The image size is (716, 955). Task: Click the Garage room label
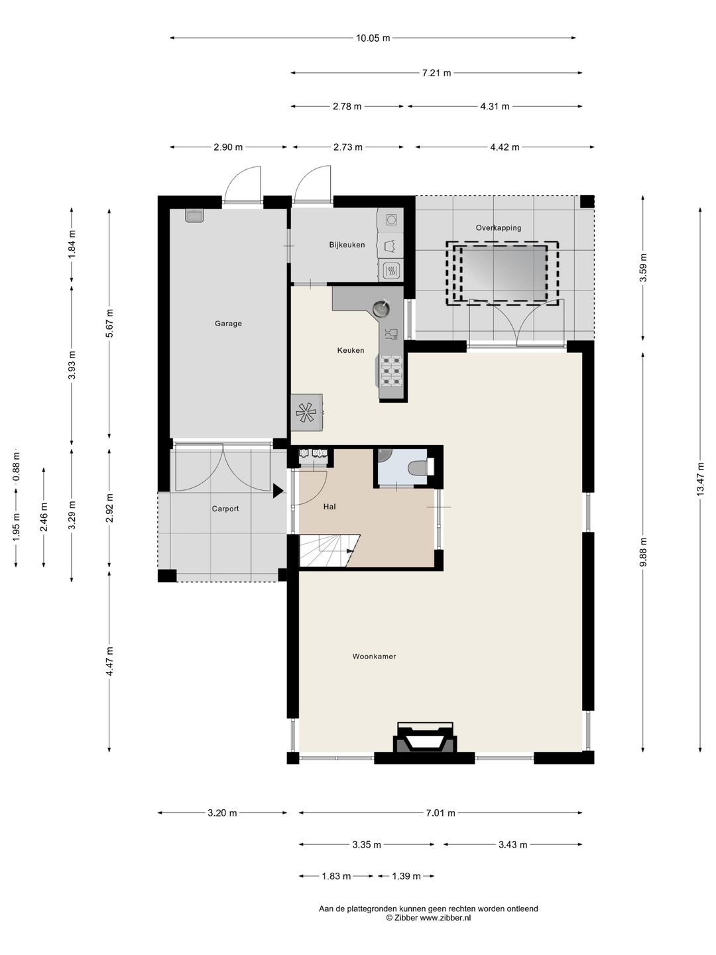coord(228,323)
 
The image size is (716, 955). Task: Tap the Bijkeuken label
coord(347,245)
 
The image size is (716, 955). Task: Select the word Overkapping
coord(498,227)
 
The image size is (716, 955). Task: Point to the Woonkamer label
coord(374,657)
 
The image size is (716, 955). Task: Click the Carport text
coord(225,509)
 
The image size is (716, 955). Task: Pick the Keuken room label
coord(351,350)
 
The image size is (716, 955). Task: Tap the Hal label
coord(329,507)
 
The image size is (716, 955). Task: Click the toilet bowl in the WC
coord(418,468)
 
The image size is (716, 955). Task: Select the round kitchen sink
coord(381,308)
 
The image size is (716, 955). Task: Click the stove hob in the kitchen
coord(391,371)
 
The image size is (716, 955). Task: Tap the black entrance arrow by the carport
coord(278,491)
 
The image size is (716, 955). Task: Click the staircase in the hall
coord(329,551)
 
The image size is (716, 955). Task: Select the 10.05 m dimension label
coord(373,38)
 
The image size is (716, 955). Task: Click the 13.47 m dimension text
coord(700,479)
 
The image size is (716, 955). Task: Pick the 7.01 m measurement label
coord(440,813)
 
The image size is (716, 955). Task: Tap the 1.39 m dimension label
coord(406,876)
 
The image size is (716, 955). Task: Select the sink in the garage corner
coord(194,216)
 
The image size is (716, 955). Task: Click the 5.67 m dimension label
coord(109,323)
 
